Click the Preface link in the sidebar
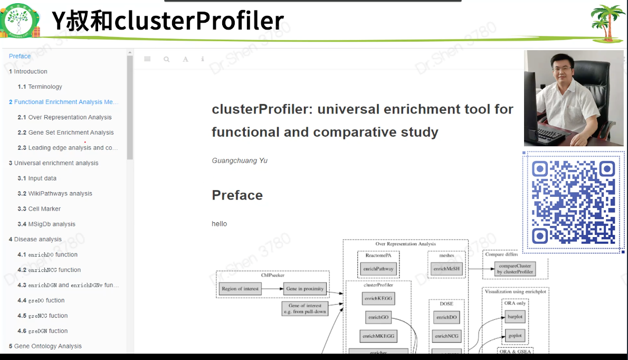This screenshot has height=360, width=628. tap(20, 56)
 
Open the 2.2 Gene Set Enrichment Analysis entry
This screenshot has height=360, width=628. tap(66, 132)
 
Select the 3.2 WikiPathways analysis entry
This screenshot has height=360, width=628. tap(55, 194)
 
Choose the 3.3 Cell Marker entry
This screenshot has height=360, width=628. tap(39, 209)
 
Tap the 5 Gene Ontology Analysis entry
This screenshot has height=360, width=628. tap(45, 346)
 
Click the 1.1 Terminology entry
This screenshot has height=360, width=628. tap(40, 87)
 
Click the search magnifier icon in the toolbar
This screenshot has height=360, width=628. tap(167, 59)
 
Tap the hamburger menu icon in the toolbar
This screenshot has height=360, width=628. tap(147, 59)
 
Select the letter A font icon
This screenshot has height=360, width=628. tap(185, 59)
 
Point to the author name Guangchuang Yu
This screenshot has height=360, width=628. tap(240, 160)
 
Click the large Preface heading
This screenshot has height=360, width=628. tap(237, 195)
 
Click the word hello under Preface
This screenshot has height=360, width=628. tap(219, 224)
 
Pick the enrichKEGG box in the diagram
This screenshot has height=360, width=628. tap(378, 299)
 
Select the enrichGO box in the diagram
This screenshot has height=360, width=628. tap(378, 317)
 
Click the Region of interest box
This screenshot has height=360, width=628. tap(240, 289)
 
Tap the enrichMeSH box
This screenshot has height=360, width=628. tap(446, 269)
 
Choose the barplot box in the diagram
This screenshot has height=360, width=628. tap(515, 318)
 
